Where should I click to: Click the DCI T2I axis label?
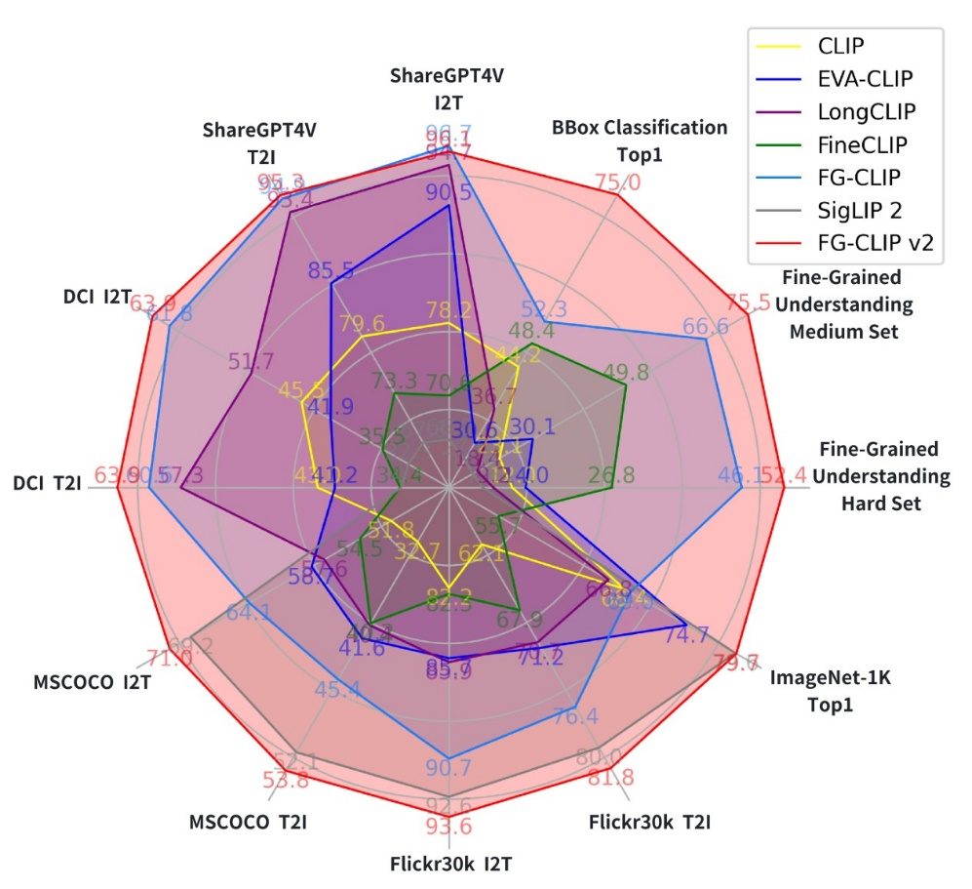47,482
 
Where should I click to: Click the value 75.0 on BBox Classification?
618,182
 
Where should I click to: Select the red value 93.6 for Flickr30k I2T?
448,827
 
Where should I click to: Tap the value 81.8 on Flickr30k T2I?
611,778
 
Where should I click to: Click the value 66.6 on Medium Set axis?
705,328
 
